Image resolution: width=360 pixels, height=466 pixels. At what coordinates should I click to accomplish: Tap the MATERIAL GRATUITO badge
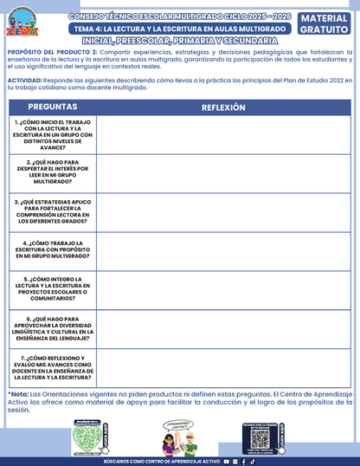pos(325,23)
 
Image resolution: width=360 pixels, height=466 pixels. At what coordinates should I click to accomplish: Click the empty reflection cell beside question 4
pos(223,250)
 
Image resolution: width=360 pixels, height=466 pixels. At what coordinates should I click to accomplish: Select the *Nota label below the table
pos(17,394)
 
